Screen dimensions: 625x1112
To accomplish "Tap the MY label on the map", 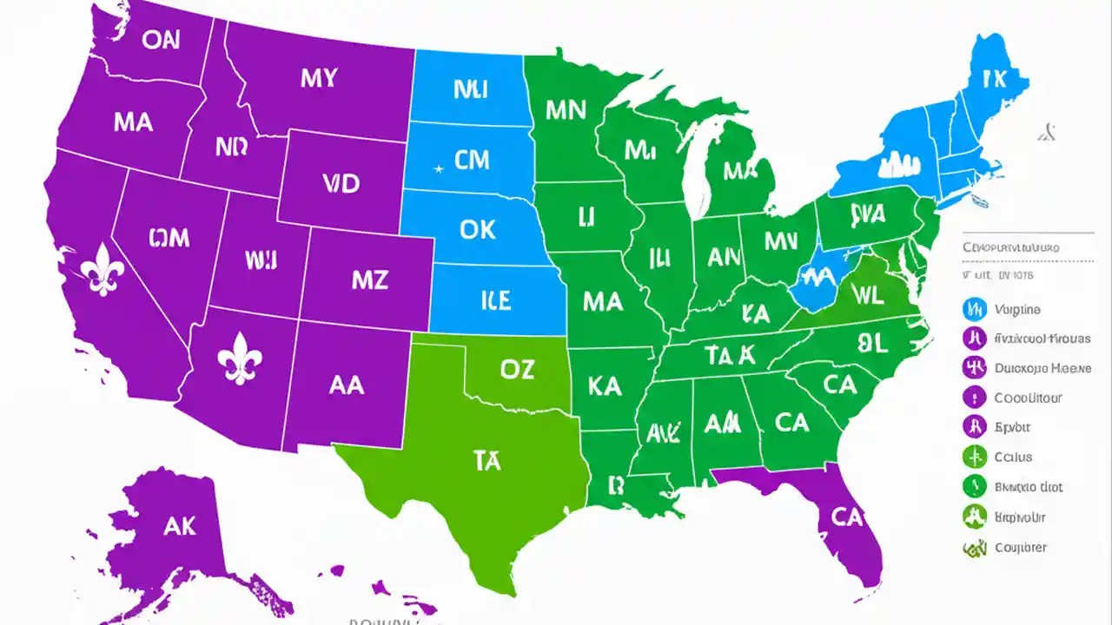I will coord(320,78).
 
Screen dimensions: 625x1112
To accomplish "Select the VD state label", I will coord(341,183).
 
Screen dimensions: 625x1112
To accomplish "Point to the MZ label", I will coord(369,280).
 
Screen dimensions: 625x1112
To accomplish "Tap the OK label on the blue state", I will coord(477,228).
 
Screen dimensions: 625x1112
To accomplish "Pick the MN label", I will coord(566,109).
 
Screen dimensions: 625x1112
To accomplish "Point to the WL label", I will coord(866,295).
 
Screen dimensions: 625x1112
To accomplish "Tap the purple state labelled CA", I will coord(846,516).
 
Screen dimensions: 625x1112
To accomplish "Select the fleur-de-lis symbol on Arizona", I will coord(241,359).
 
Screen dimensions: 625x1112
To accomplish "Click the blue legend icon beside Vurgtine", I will coord(975,309).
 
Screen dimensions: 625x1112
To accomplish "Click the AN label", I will coord(724,256).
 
